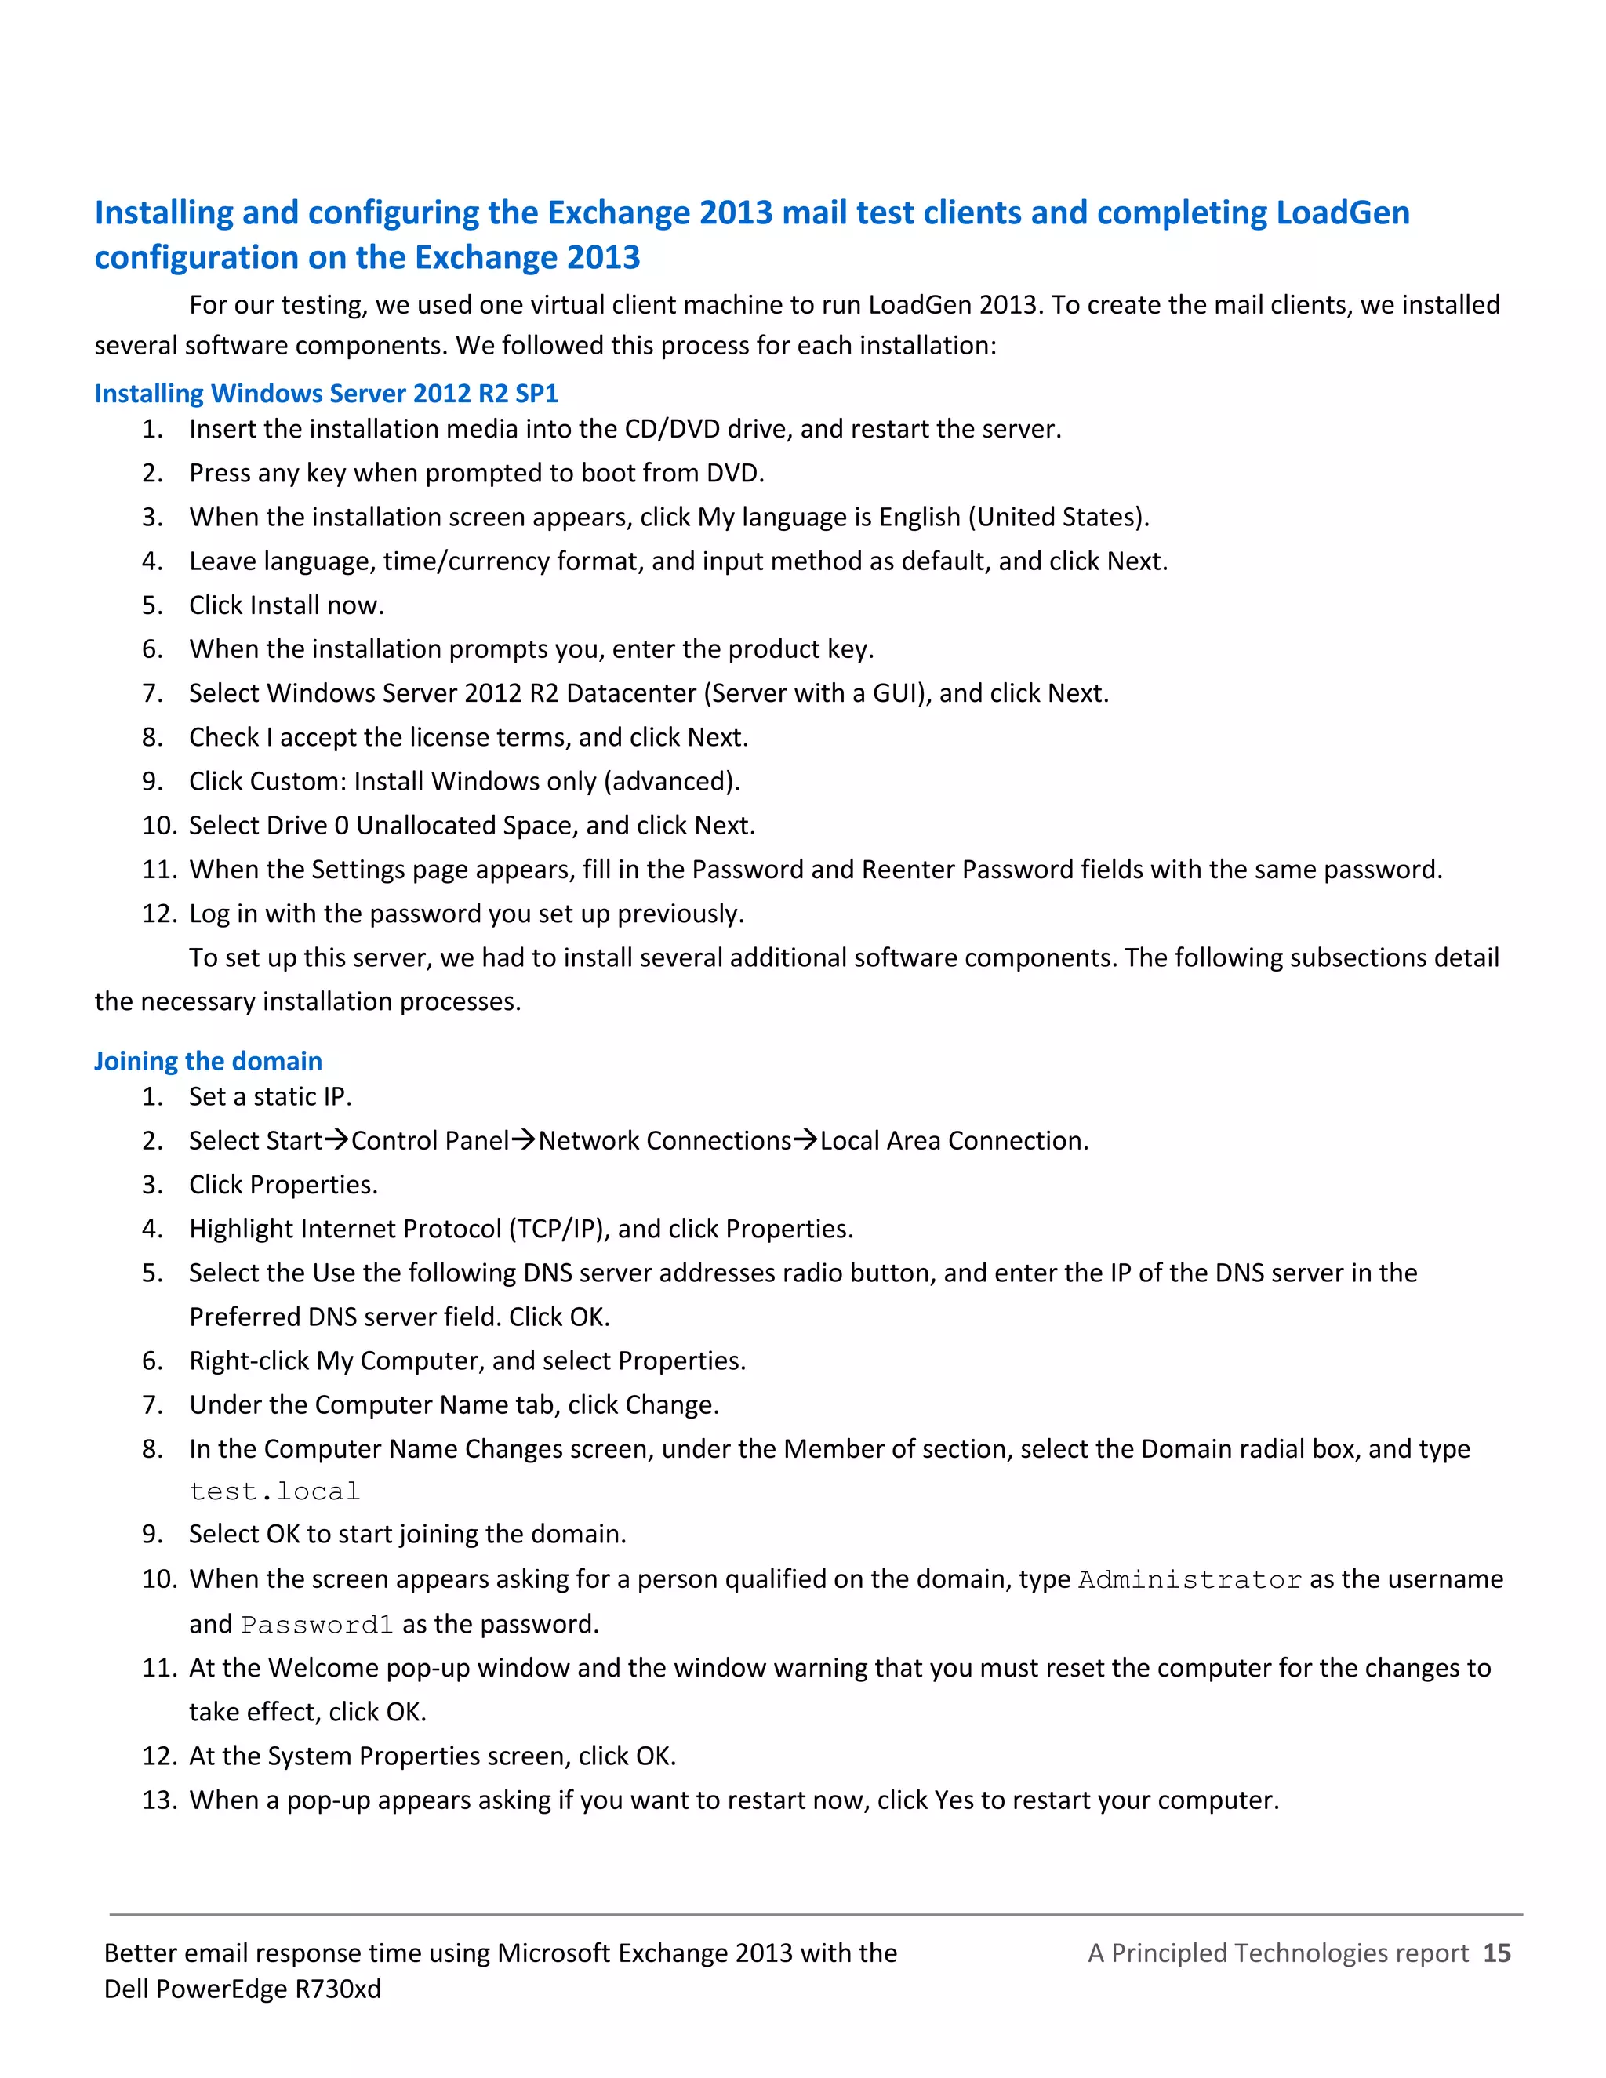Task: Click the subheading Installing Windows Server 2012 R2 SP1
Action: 325,393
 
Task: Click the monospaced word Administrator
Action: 1190,1579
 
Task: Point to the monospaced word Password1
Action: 317,1624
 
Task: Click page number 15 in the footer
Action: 1496,1953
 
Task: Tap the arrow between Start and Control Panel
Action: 336,1140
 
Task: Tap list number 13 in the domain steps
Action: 159,1800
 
